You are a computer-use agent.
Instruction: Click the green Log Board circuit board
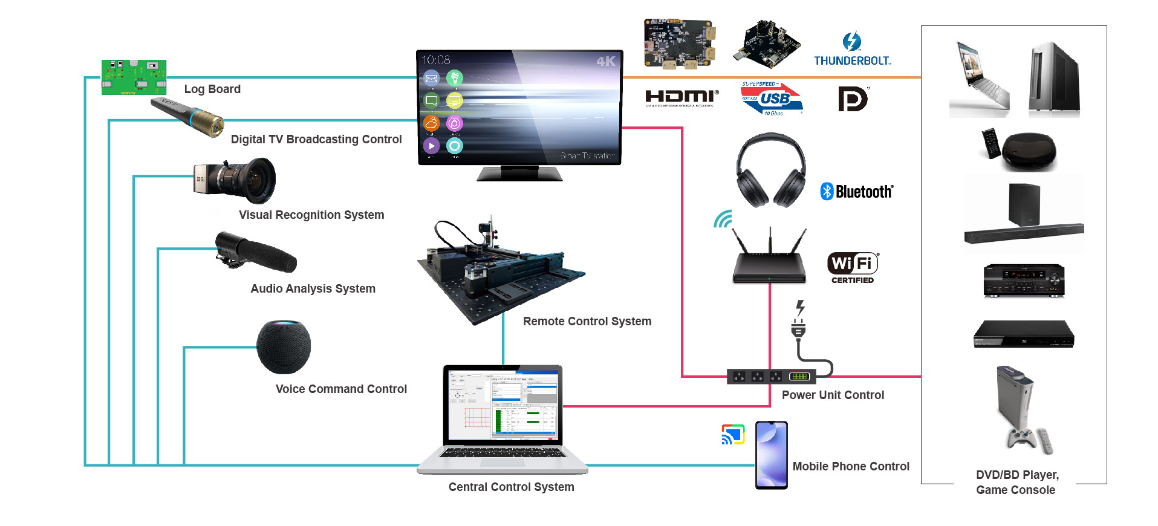pos(134,77)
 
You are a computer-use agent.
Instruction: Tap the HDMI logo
pos(681,97)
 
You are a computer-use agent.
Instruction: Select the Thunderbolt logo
pos(852,50)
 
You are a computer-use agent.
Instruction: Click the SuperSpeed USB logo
pos(772,99)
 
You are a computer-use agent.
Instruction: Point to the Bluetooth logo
pos(857,192)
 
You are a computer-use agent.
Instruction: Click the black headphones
pos(771,170)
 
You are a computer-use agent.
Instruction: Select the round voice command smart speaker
pos(284,347)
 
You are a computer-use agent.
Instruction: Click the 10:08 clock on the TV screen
pos(436,60)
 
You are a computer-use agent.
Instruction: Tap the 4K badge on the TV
pos(605,61)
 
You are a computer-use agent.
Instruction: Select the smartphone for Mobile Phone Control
pos(772,455)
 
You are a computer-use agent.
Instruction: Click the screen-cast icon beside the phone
pos(733,435)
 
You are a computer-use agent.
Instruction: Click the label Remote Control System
pos(587,322)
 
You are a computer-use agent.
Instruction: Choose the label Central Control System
pos(511,487)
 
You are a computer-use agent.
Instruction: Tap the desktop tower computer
pos(1055,79)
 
